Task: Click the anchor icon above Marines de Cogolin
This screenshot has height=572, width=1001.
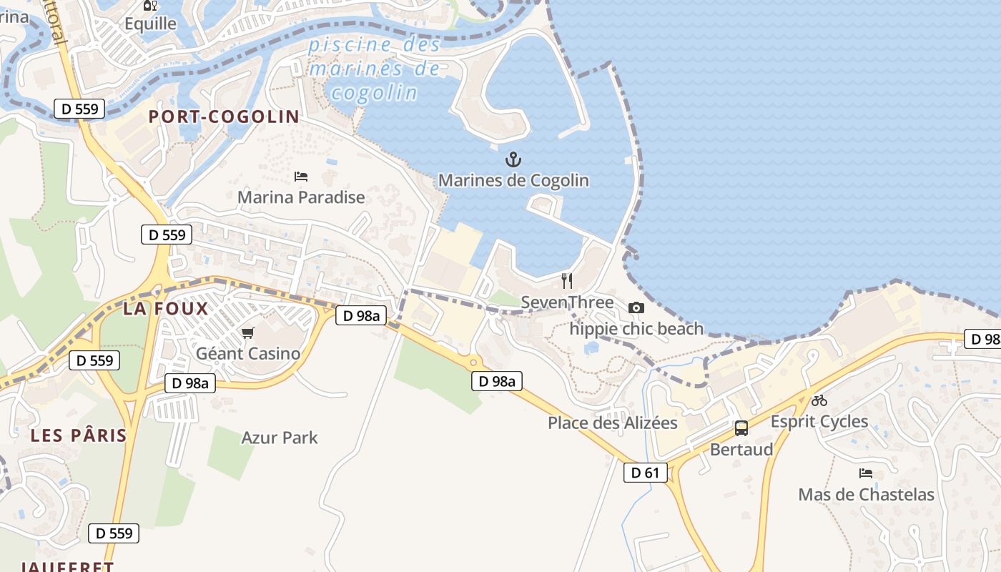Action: point(513,159)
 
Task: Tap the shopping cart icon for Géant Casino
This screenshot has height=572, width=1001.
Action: point(248,332)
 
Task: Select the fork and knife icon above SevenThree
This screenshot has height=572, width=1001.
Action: point(567,280)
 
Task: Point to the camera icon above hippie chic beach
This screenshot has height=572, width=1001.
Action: point(636,307)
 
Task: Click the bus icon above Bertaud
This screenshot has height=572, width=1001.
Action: point(741,428)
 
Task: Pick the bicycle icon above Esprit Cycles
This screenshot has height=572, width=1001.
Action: point(819,400)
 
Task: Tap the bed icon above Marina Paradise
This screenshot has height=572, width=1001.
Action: point(301,176)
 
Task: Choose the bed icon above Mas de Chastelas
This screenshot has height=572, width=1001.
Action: point(866,473)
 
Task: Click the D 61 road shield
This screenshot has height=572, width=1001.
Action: point(646,473)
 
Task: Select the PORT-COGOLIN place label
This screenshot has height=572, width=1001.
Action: point(224,117)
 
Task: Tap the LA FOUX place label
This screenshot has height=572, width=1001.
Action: point(165,309)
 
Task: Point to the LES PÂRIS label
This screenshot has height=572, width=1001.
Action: point(79,435)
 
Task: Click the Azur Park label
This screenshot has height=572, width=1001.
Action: point(280,438)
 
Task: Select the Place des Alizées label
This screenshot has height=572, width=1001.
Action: point(612,423)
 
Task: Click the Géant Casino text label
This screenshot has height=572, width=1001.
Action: point(248,353)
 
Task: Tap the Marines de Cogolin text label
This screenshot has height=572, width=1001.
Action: point(513,180)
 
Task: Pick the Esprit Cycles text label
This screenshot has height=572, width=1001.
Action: point(819,421)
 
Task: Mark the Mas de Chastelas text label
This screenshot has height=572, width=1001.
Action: point(866,494)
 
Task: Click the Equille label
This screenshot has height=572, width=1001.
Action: point(150,24)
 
